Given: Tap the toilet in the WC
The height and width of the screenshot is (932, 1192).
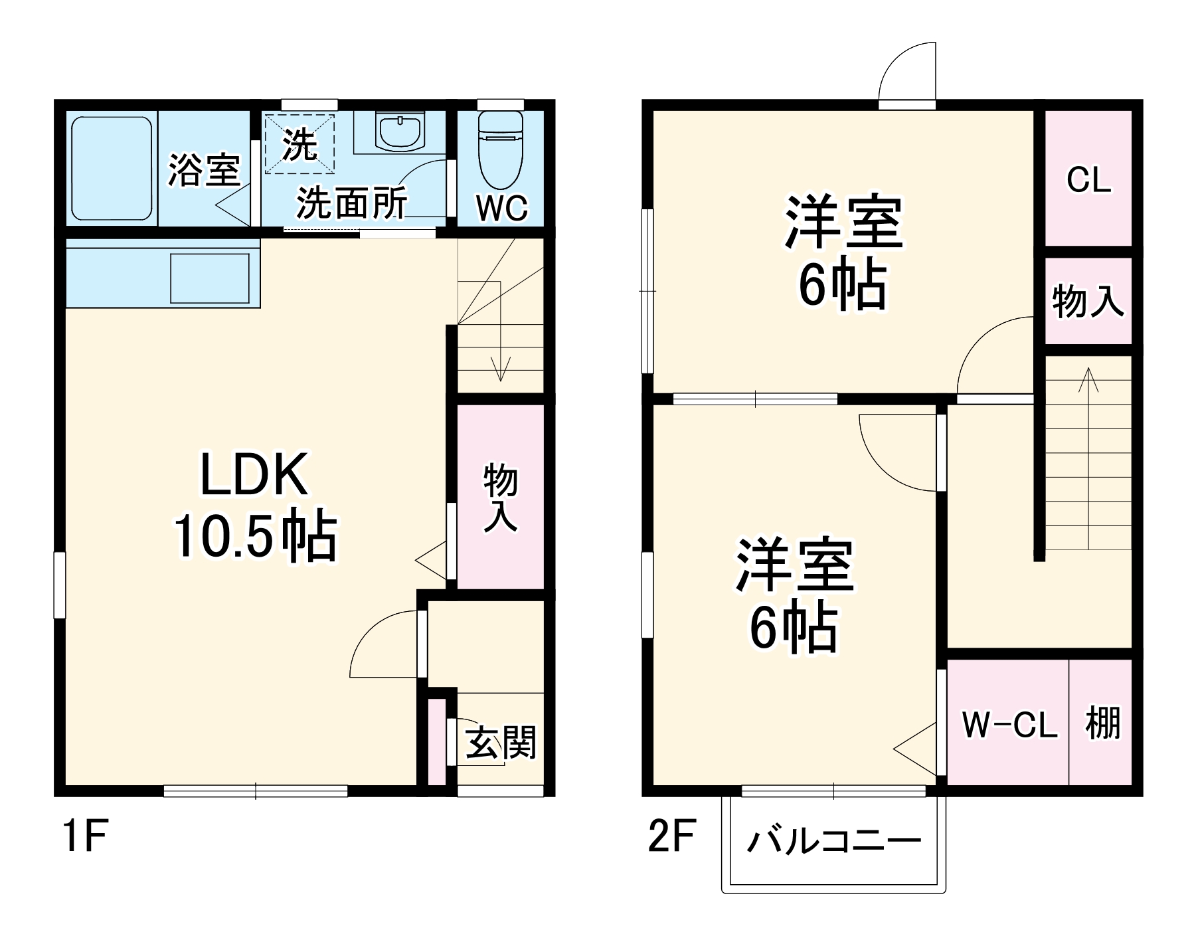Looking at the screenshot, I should pos(501,150).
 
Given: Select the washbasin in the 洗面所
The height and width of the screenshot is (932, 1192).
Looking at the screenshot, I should pos(400,131).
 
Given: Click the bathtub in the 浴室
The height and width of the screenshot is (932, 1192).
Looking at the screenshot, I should pos(112,168).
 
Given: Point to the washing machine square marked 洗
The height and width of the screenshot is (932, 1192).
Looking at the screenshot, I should pos(299,143).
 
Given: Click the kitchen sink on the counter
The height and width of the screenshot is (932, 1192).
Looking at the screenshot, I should pos(209,278).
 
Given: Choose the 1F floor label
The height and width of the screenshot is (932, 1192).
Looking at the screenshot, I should pos(84,836).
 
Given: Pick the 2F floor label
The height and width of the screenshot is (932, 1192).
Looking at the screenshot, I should pos(671,836).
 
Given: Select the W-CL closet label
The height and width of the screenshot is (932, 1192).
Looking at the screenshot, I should pos(1009,724).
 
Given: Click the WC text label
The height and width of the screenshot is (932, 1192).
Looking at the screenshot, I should pos(501,209).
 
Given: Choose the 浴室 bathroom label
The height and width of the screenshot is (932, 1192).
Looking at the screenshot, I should pos(203,169).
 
